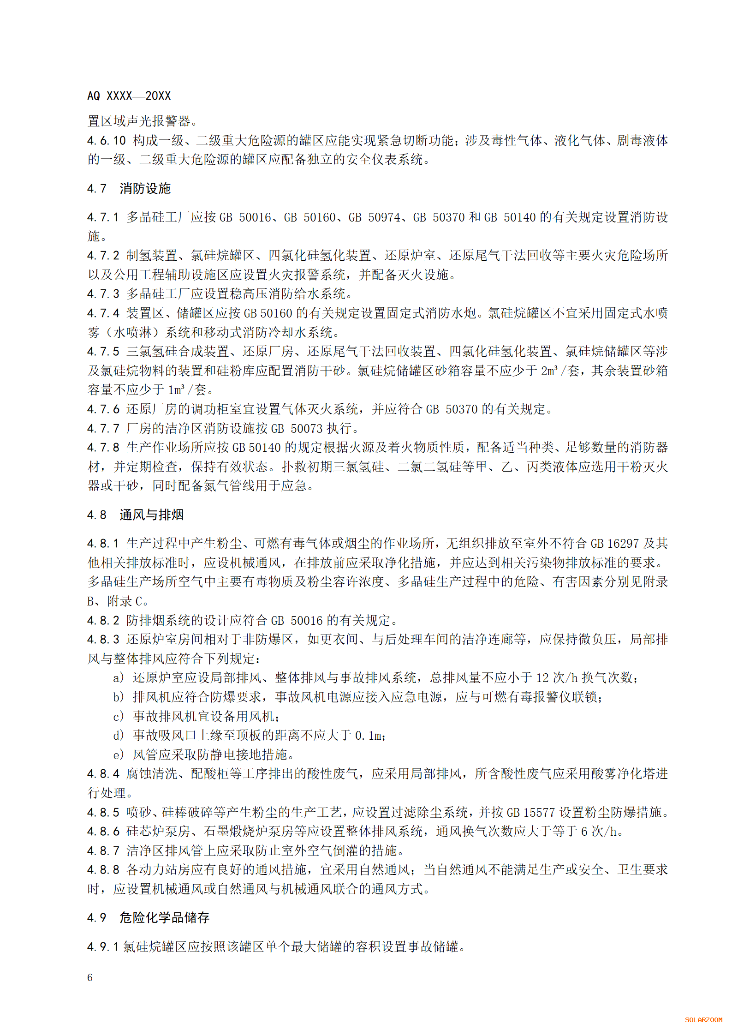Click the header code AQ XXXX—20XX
129,96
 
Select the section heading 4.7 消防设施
129,188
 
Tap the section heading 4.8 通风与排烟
136,515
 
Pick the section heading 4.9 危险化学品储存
148,917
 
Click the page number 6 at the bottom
90,978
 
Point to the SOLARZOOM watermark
703,1020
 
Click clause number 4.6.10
107,140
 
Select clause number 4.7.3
103,294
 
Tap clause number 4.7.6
103,409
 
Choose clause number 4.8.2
103,620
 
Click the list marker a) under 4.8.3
119,678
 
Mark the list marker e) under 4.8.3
119,755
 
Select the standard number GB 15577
533,812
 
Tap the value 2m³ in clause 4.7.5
549,371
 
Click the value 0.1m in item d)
369,736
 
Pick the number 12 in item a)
542,678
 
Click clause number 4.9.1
103,947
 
